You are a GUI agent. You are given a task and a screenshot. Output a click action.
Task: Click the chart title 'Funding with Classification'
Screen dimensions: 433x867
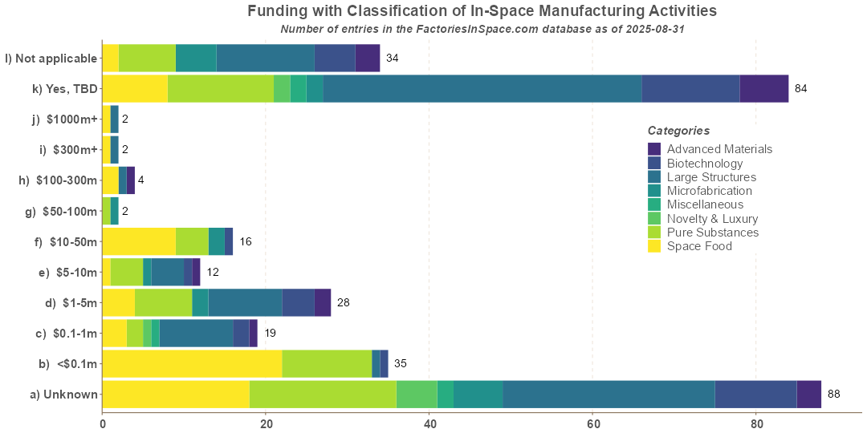pyautogui.click(x=482, y=11)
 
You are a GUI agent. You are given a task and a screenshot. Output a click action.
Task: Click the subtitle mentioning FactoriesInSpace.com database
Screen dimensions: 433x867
pyautogui.click(x=482, y=29)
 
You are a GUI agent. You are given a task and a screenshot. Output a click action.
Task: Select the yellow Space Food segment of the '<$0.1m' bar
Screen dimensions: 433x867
pyautogui.click(x=192, y=363)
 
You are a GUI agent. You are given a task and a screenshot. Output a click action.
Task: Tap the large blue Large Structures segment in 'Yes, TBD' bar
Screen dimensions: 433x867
pyautogui.click(x=482, y=88)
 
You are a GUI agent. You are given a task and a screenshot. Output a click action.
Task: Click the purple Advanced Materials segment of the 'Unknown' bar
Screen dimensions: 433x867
pyautogui.click(x=808, y=395)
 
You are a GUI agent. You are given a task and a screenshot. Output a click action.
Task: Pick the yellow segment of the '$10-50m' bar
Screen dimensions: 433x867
pyautogui.click(x=139, y=241)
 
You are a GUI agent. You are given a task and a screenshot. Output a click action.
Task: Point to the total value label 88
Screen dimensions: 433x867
pyautogui.click(x=834, y=395)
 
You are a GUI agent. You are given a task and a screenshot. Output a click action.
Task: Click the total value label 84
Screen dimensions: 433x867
pyautogui.click(x=800, y=88)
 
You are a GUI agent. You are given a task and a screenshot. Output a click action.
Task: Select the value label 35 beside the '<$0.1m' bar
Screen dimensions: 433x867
pyautogui.click(x=400, y=363)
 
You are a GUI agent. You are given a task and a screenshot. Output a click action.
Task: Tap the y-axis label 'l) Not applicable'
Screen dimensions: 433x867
pyautogui.click(x=51, y=58)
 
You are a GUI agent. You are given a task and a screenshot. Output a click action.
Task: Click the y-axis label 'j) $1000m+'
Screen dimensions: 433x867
pyautogui.click(x=64, y=119)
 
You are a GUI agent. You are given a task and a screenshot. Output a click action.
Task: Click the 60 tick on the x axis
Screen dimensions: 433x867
pyautogui.click(x=592, y=423)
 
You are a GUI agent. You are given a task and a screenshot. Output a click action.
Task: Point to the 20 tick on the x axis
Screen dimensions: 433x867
pyautogui.click(x=266, y=423)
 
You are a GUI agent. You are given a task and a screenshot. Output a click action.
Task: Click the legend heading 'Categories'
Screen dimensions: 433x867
pyautogui.click(x=678, y=131)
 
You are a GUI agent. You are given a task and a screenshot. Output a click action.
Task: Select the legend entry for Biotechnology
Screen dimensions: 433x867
pyautogui.click(x=704, y=164)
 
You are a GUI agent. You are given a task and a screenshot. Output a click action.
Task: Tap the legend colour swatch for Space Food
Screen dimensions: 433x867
pyautogui.click(x=654, y=246)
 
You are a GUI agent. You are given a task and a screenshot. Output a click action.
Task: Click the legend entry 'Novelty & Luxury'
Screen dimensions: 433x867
pyautogui.click(x=712, y=219)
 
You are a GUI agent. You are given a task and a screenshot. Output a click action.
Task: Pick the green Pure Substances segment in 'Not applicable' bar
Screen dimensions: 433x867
pyautogui.click(x=147, y=58)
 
